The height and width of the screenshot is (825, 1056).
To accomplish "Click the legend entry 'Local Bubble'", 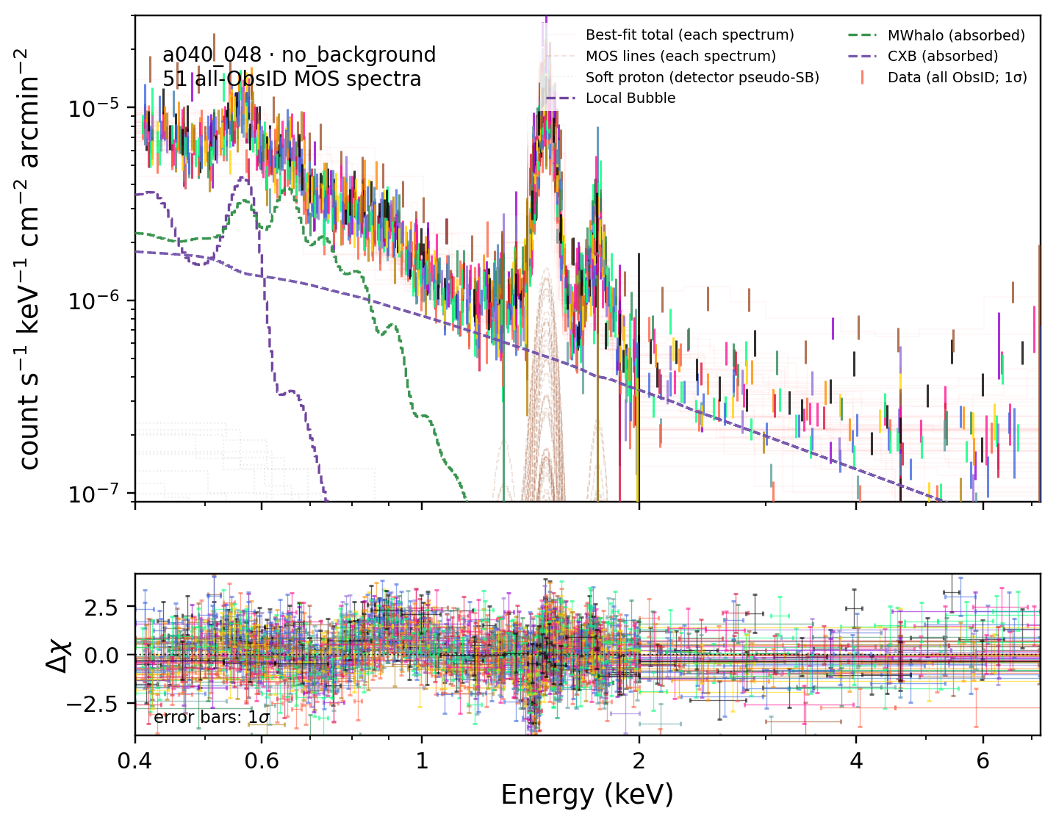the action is (631, 98).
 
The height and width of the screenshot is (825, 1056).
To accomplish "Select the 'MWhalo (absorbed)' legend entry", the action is (956, 35).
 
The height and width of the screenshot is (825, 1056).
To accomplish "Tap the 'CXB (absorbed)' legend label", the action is (943, 57).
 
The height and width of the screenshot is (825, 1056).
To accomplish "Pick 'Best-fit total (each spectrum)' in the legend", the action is (689, 35).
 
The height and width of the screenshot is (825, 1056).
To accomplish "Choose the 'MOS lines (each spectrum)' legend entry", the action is (680, 57).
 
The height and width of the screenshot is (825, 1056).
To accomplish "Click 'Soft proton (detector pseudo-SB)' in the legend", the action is (703, 77).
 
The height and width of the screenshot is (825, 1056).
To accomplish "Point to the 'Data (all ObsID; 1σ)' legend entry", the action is (957, 77).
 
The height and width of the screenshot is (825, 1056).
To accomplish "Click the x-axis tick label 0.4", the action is (134, 760).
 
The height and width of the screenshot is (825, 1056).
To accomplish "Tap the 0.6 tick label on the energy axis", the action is (262, 760).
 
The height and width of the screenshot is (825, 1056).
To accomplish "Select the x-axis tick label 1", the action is (422, 760).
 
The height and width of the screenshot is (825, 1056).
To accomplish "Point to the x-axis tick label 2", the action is (639, 760).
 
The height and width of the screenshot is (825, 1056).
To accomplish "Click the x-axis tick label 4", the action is (856, 760).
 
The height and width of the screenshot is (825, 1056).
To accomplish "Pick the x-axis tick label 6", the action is (983, 760).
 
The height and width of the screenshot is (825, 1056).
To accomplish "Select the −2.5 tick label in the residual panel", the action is (92, 703).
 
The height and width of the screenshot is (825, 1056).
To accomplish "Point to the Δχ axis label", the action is (59, 655).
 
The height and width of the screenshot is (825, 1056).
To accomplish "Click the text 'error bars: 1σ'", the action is (211, 717).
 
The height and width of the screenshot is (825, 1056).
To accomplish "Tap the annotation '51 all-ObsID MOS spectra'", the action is (292, 79).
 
